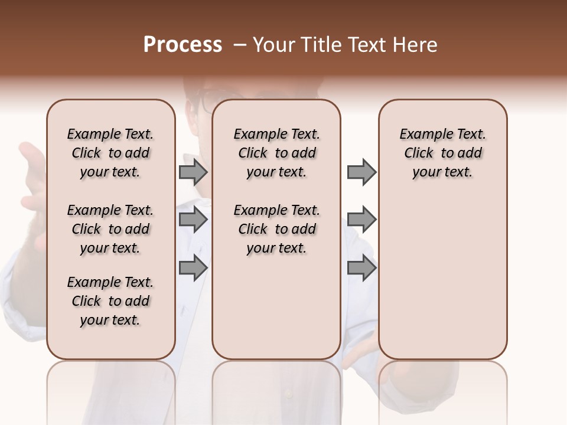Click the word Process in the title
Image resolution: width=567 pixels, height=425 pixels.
point(183,45)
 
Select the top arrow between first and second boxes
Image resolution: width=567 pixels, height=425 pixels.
point(193,172)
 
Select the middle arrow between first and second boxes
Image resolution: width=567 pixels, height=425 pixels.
point(193,220)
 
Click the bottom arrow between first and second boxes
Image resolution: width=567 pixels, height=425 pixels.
point(193,268)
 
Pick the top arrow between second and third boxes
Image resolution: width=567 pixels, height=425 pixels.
point(361,172)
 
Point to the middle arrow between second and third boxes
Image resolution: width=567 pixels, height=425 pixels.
point(361,220)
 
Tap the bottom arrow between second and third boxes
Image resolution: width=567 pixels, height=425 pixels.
point(361,268)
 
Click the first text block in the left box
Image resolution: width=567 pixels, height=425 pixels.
point(110,153)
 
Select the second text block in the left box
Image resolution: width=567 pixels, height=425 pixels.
point(110,229)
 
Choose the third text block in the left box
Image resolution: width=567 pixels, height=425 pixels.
point(110,301)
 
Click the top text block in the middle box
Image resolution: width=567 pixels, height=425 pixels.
point(276,153)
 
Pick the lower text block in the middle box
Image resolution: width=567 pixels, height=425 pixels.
point(276,229)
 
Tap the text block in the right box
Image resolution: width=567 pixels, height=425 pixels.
point(442,153)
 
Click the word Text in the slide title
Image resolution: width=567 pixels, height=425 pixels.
point(368,45)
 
